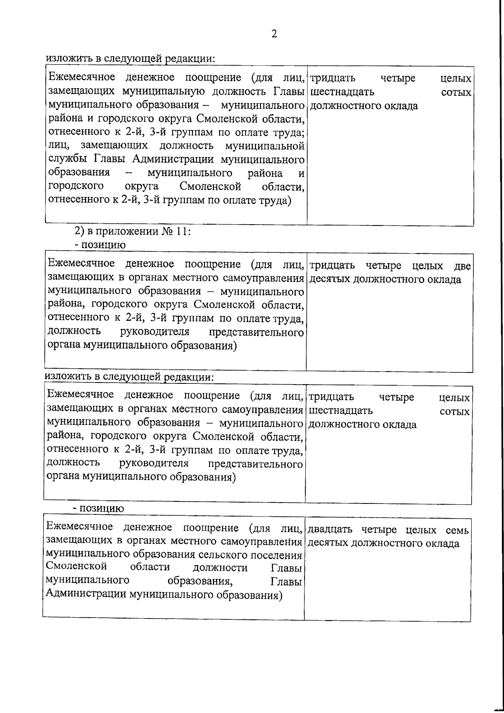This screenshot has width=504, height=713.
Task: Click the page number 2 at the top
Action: (274, 34)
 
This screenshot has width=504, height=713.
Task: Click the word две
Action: (462, 266)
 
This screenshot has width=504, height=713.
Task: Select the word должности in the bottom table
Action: (220, 568)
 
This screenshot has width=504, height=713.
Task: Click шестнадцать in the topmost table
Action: (341, 92)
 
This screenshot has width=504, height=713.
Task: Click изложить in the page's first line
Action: (64, 58)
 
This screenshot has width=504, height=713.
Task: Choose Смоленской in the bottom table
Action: (76, 567)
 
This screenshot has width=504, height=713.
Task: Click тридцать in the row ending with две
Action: (332, 266)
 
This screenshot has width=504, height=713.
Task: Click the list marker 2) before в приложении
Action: (80, 231)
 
